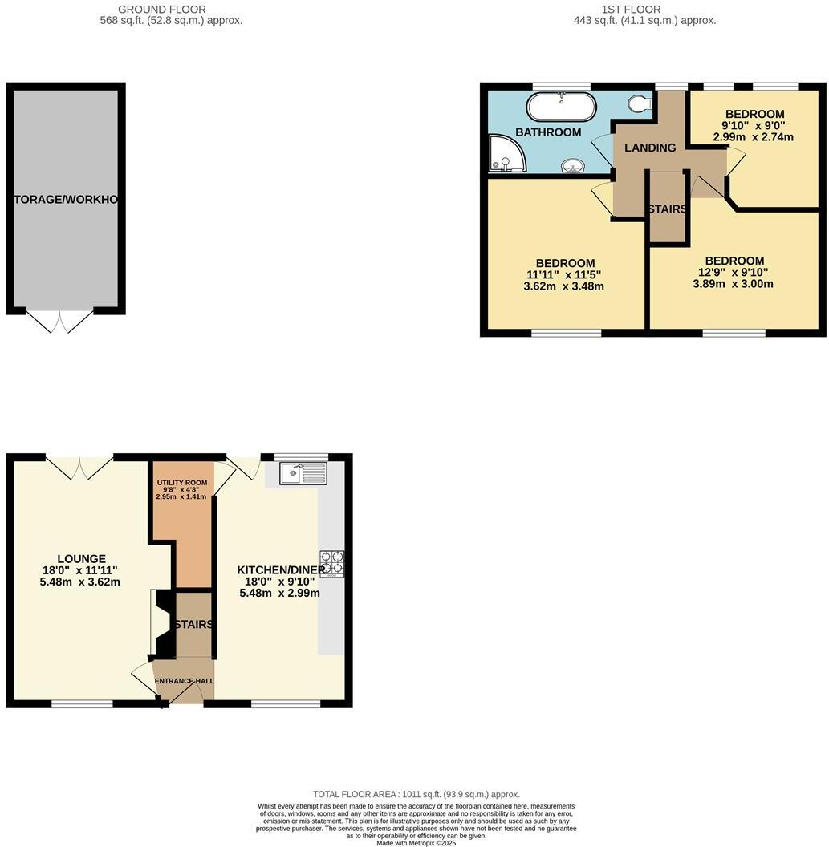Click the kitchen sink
(x=303, y=473)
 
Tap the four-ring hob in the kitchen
(x=331, y=563)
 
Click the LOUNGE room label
(x=81, y=559)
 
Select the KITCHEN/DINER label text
(x=280, y=570)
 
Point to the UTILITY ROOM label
(x=181, y=483)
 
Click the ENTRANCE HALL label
(x=185, y=681)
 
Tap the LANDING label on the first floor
(x=650, y=148)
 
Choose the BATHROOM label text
(x=548, y=132)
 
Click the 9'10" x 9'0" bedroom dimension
(x=754, y=126)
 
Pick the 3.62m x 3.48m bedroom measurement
(x=565, y=286)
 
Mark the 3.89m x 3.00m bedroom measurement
(x=734, y=284)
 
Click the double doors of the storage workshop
(x=59, y=322)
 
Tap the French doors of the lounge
(x=79, y=468)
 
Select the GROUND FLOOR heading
(x=162, y=10)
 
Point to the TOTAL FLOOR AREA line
(x=416, y=794)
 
